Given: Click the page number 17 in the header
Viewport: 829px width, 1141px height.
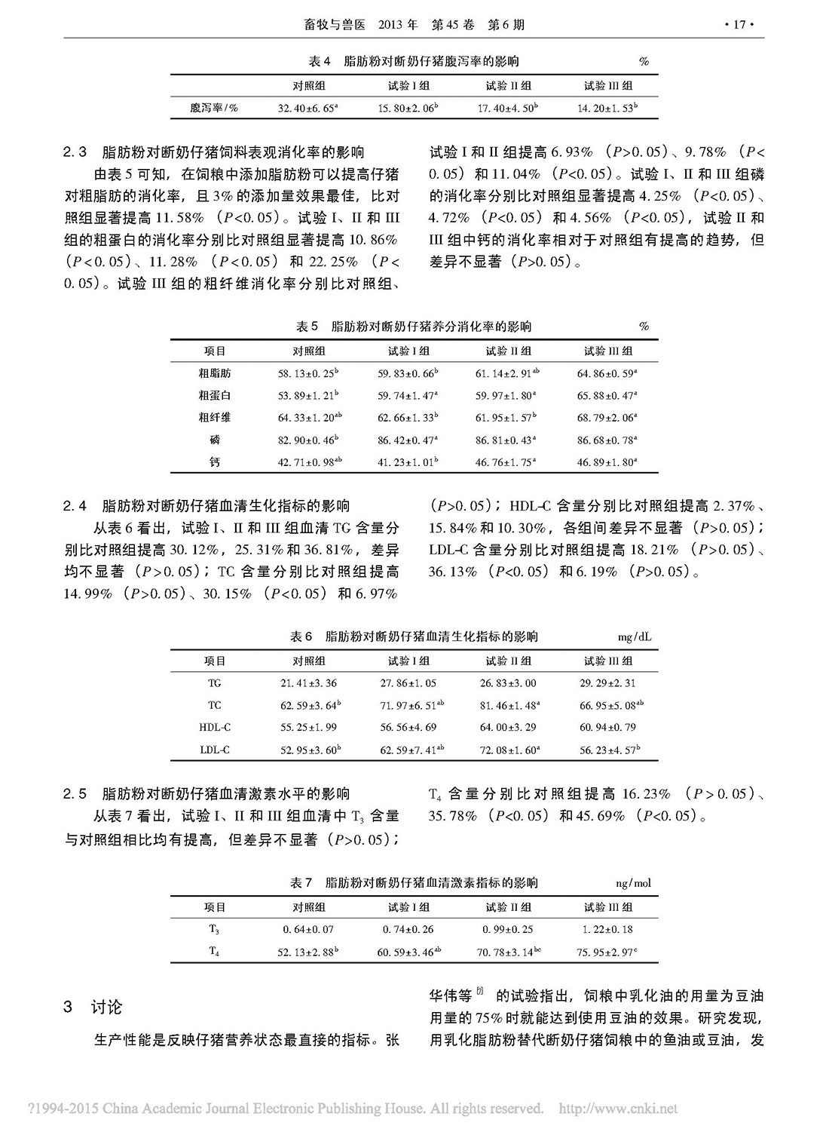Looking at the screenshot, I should [739, 25].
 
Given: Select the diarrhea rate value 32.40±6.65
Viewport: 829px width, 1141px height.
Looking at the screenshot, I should [307, 109].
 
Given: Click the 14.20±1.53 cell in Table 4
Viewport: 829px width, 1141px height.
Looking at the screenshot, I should [607, 109].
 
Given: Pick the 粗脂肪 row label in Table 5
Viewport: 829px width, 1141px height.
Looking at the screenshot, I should [215, 373].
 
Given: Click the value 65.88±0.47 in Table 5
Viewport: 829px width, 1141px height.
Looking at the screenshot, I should [607, 395].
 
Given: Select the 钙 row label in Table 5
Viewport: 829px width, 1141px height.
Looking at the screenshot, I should [215, 462].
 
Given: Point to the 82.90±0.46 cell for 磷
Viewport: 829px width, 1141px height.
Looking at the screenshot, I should [307, 440].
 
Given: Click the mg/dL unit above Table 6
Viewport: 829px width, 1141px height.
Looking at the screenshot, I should [634, 637].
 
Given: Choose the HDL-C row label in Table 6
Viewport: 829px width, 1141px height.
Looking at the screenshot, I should [215, 728].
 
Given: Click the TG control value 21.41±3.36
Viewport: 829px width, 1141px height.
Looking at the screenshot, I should [307, 683].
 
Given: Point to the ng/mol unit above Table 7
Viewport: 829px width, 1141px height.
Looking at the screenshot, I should [633, 883].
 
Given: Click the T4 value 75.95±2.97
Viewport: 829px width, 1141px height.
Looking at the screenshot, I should [607, 952].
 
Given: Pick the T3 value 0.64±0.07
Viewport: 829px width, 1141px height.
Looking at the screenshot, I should [307, 930].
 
